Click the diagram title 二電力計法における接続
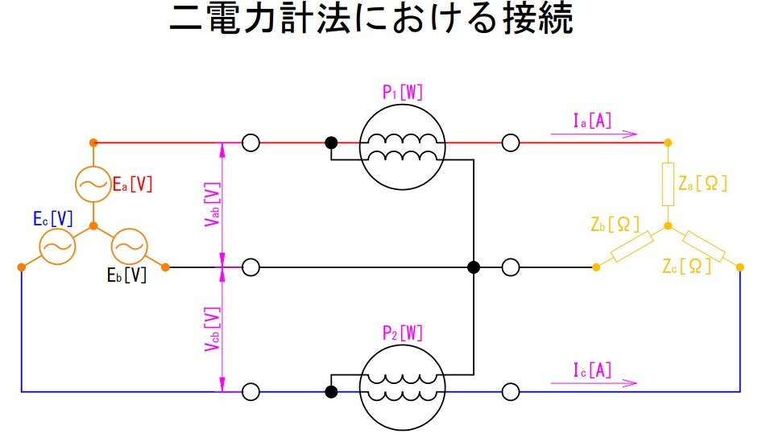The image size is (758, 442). [x=371, y=19]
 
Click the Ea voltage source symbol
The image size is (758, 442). [x=76, y=184]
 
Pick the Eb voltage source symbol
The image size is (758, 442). [x=112, y=246]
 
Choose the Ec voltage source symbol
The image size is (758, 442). [x=39, y=246]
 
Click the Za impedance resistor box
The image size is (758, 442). [x=662, y=184]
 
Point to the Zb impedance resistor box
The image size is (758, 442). [x=632, y=247]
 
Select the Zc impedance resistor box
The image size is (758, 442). [x=704, y=247]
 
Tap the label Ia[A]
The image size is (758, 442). [x=592, y=120]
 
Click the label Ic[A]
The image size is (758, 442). [x=592, y=370]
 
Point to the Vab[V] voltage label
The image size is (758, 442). [x=212, y=204]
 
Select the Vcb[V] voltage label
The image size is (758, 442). [x=212, y=329]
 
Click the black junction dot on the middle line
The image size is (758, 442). [x=474, y=267]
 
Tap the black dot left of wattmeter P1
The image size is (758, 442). [x=331, y=143]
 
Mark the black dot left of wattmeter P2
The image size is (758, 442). [x=331, y=392]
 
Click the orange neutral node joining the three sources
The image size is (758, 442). [x=93, y=226]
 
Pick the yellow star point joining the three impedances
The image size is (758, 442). [x=668, y=226]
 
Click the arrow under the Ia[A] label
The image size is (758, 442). [x=594, y=134]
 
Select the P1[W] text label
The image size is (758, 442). [x=402, y=92]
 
